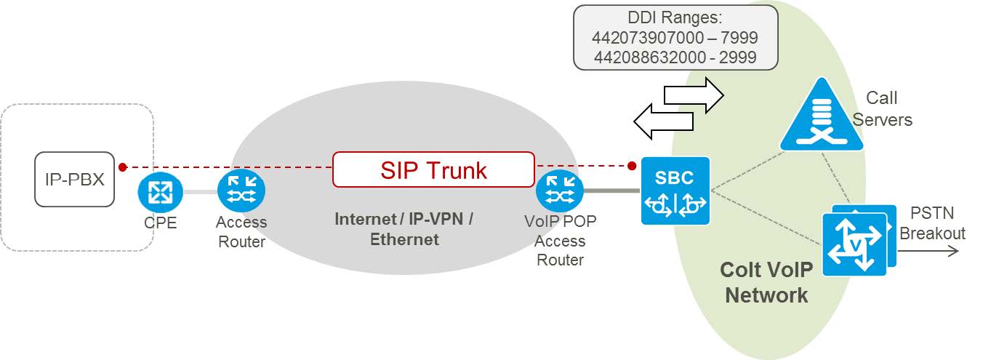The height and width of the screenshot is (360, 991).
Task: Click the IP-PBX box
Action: click(75, 179)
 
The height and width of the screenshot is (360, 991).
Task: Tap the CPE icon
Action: click(156, 192)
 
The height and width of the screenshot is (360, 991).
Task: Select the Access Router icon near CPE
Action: click(241, 191)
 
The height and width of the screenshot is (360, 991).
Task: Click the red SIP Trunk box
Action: click(433, 169)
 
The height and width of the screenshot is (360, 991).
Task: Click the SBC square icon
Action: click(675, 191)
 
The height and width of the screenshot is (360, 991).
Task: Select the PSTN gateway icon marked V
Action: click(855, 244)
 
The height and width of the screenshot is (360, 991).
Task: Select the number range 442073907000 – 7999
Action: click(675, 38)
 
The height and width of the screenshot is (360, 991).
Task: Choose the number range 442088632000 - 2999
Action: click(675, 57)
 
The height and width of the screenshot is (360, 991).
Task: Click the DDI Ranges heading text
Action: click(675, 18)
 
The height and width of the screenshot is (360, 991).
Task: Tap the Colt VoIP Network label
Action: click(766, 282)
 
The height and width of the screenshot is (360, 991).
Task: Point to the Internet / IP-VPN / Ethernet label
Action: click(404, 229)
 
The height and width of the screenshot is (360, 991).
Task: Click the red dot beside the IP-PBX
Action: click(123, 167)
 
